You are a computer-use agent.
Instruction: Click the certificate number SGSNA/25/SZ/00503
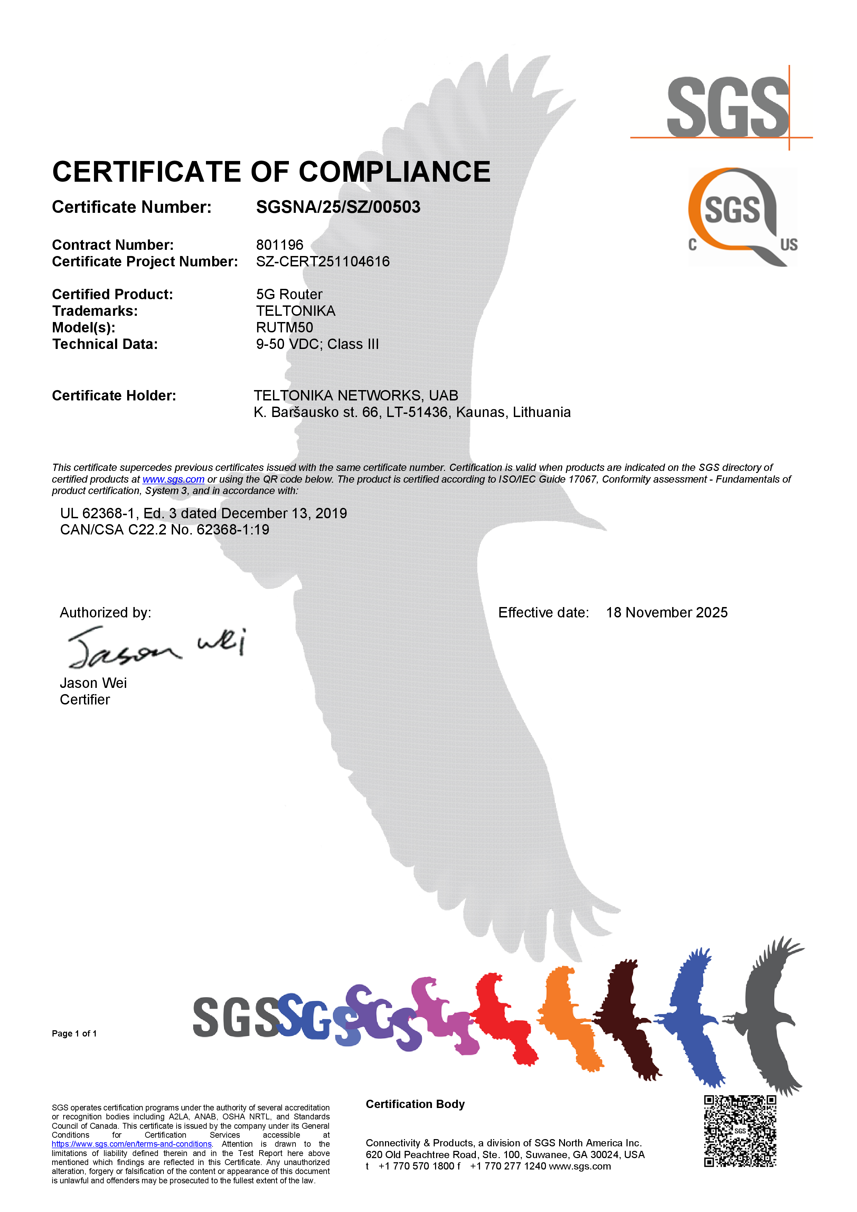338,207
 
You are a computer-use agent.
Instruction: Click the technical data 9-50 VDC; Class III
317,344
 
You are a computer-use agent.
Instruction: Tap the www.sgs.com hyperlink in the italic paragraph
173,479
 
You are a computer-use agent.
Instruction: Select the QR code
740,1131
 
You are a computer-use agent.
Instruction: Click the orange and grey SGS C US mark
742,217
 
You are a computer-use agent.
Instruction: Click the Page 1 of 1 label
74,1034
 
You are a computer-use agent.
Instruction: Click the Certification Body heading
415,1104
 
